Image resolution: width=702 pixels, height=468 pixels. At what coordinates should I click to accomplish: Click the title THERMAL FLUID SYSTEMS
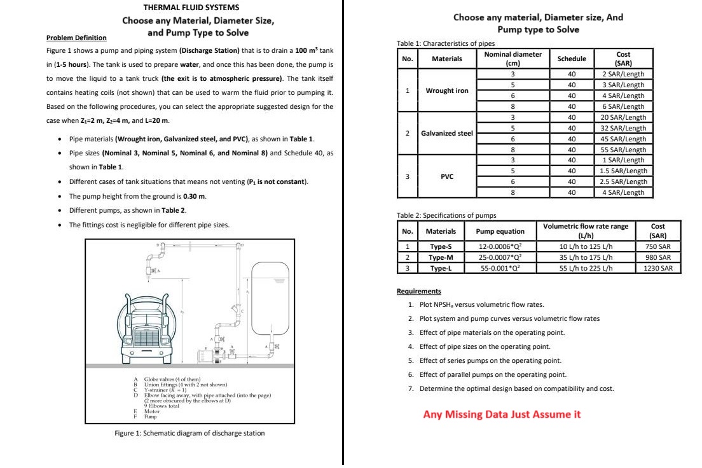point(191,8)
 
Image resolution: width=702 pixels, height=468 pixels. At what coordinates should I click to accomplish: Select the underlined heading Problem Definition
point(77,38)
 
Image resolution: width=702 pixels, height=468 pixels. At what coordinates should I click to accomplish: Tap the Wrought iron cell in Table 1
point(447,90)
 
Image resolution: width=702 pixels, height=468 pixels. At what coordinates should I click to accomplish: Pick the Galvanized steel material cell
point(447,133)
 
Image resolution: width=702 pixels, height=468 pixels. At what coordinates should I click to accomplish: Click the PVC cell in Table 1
point(447,176)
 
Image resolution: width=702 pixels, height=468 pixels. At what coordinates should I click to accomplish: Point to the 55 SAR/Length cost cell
point(623,150)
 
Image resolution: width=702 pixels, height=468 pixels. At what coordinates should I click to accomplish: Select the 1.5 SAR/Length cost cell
point(623,171)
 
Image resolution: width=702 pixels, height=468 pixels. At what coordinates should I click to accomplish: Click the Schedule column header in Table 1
point(571,59)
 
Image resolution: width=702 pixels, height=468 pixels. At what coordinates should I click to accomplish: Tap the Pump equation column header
point(501,231)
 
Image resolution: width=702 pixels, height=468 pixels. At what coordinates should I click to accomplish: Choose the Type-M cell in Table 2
point(441,257)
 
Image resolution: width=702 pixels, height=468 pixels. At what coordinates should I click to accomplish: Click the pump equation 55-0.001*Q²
point(501,268)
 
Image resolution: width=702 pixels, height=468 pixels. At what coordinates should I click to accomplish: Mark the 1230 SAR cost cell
point(658,268)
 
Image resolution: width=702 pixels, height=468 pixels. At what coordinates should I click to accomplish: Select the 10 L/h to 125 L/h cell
point(585,246)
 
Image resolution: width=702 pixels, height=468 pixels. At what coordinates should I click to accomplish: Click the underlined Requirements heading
point(418,292)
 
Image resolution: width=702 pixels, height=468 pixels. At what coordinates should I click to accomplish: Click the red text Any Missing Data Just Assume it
point(502,415)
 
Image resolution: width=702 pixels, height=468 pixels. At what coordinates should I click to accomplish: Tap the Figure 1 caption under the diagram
point(189,434)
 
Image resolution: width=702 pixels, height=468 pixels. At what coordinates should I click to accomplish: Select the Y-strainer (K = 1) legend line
point(166,388)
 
